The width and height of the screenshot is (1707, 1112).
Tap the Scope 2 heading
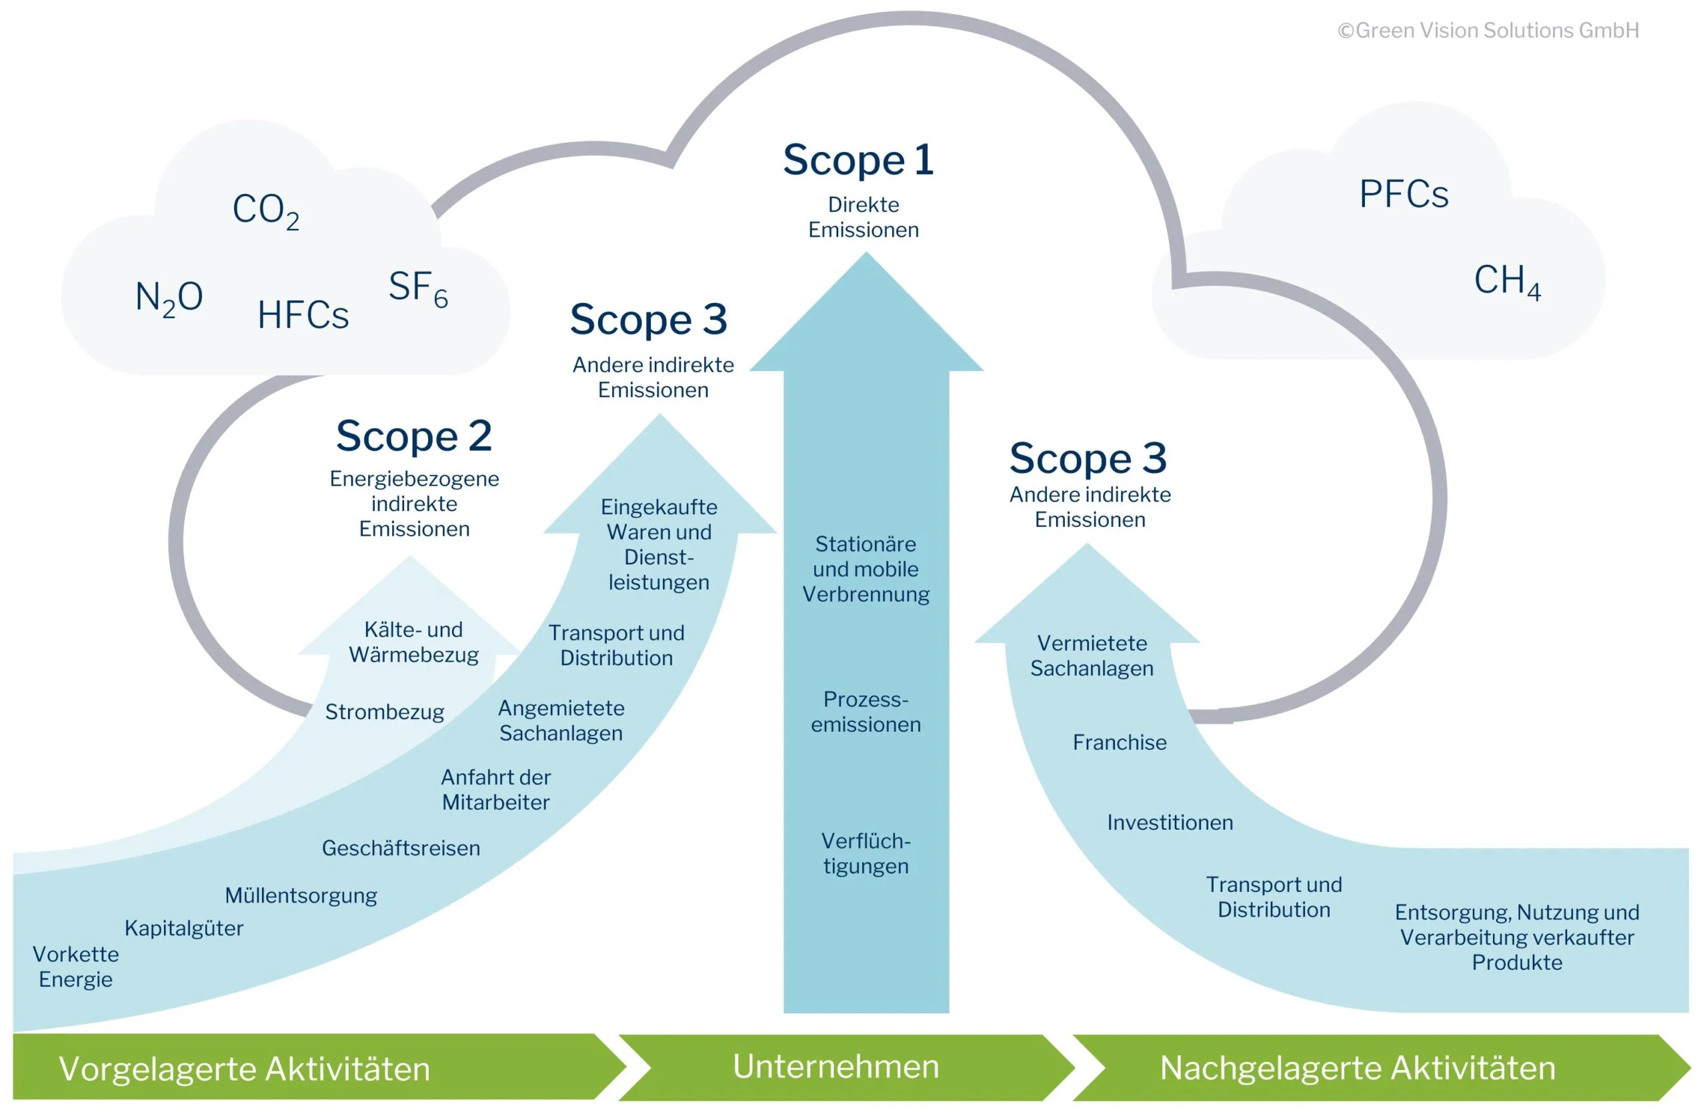pos(414,436)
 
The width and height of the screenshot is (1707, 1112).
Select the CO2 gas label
pos(265,210)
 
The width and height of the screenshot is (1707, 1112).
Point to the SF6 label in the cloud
pos(418,288)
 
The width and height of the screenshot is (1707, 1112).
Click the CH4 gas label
pos(1506,281)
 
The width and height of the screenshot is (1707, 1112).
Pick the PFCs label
pos(1403,194)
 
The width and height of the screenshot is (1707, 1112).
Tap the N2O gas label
pos(169,297)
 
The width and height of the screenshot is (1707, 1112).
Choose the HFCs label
pos(303,316)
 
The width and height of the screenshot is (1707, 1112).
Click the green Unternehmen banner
pos(835,1067)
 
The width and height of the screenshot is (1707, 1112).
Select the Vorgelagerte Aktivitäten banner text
pos(245,1069)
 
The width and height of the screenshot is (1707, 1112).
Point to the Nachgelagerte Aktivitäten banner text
pos(1357,1068)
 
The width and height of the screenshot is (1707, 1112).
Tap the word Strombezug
pos(385,712)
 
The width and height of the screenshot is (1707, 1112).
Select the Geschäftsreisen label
pos(400,848)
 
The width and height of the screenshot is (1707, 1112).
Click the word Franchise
pos(1119,742)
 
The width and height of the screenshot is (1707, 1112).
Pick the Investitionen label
pos(1170,822)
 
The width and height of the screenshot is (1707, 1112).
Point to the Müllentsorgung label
pos(301,895)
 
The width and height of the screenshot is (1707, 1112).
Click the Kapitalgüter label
pos(183,929)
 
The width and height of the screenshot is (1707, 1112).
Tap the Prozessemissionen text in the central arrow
pos(866,712)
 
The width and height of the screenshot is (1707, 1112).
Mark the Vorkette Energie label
pos(75,967)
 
